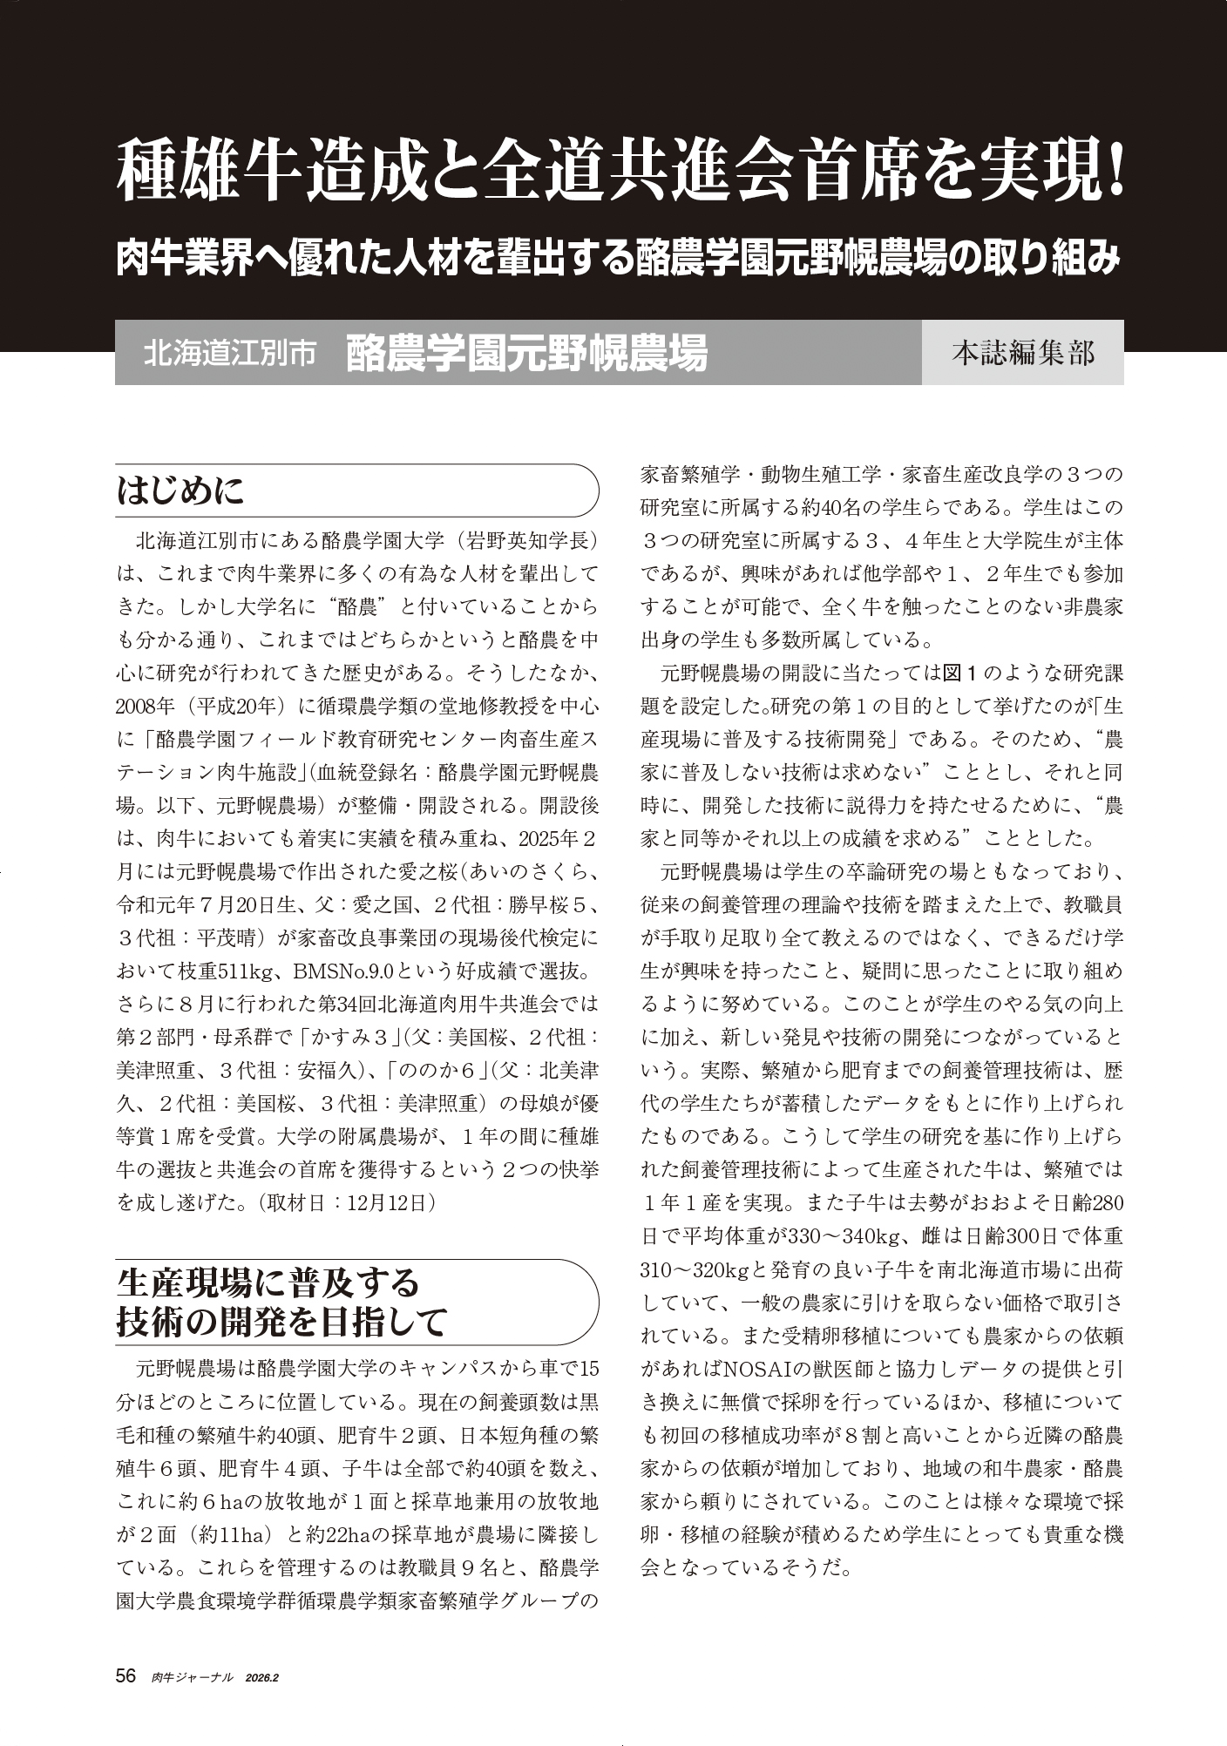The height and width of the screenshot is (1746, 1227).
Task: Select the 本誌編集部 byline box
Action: click(1022, 353)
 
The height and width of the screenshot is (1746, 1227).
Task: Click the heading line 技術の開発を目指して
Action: click(281, 1321)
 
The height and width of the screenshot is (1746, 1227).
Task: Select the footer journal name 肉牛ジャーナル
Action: click(192, 1677)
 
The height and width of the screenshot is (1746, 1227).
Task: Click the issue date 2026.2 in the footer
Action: click(267, 1677)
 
